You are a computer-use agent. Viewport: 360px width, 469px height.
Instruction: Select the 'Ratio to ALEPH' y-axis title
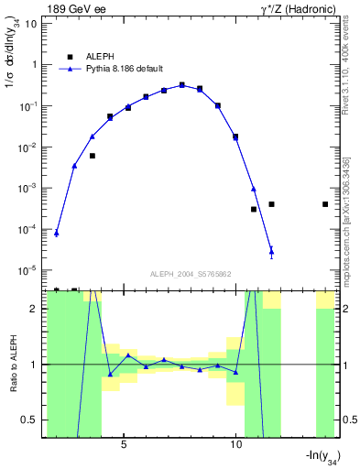[13, 365]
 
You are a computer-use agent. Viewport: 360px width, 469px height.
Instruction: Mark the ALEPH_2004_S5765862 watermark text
[190, 274]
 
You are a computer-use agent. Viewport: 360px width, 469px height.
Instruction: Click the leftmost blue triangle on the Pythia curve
[57, 233]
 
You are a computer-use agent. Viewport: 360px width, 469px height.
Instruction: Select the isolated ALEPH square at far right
[325, 204]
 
